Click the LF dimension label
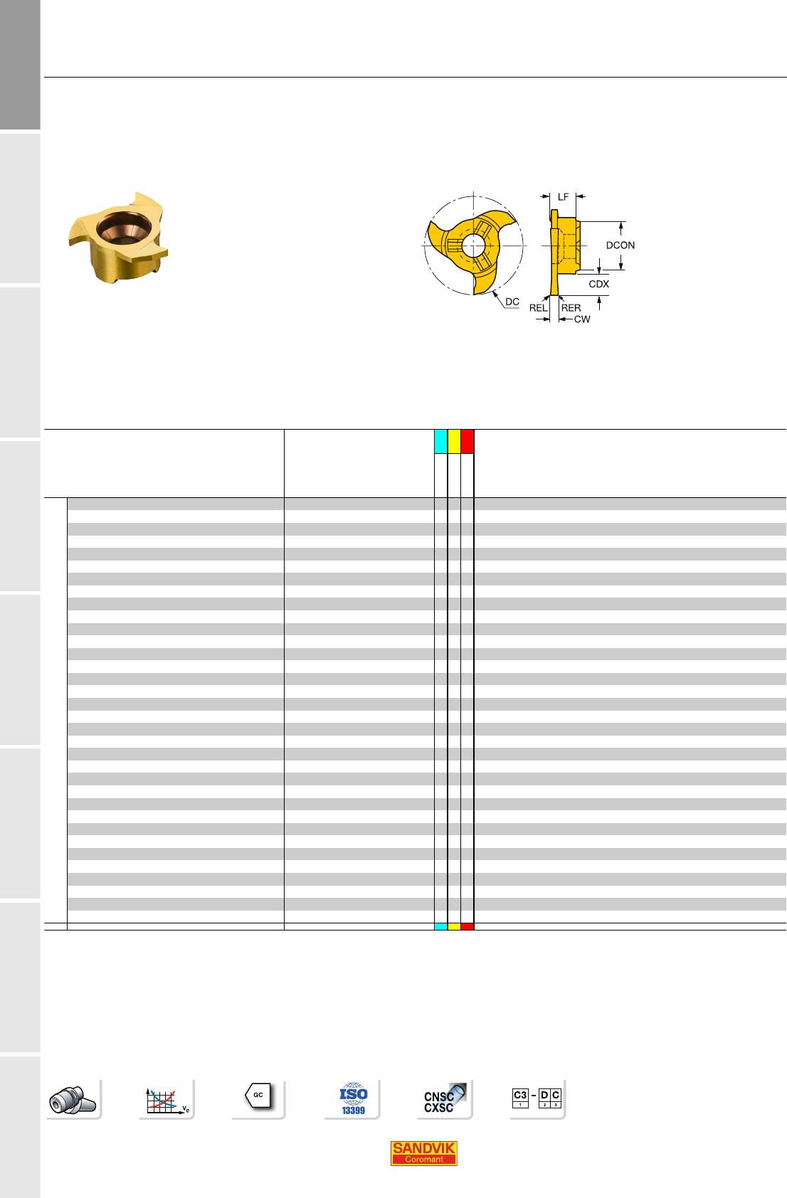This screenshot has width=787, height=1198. (x=563, y=197)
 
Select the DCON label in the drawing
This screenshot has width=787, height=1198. (x=620, y=245)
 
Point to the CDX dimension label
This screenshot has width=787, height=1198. (x=598, y=284)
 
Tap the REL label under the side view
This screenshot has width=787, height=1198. (x=538, y=308)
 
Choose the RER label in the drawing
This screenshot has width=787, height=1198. (x=571, y=308)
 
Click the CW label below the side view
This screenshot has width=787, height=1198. (x=582, y=319)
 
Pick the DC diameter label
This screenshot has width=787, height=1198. (x=512, y=302)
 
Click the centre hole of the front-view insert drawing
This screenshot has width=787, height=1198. (x=473, y=246)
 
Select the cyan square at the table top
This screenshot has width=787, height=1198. (x=441, y=441)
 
